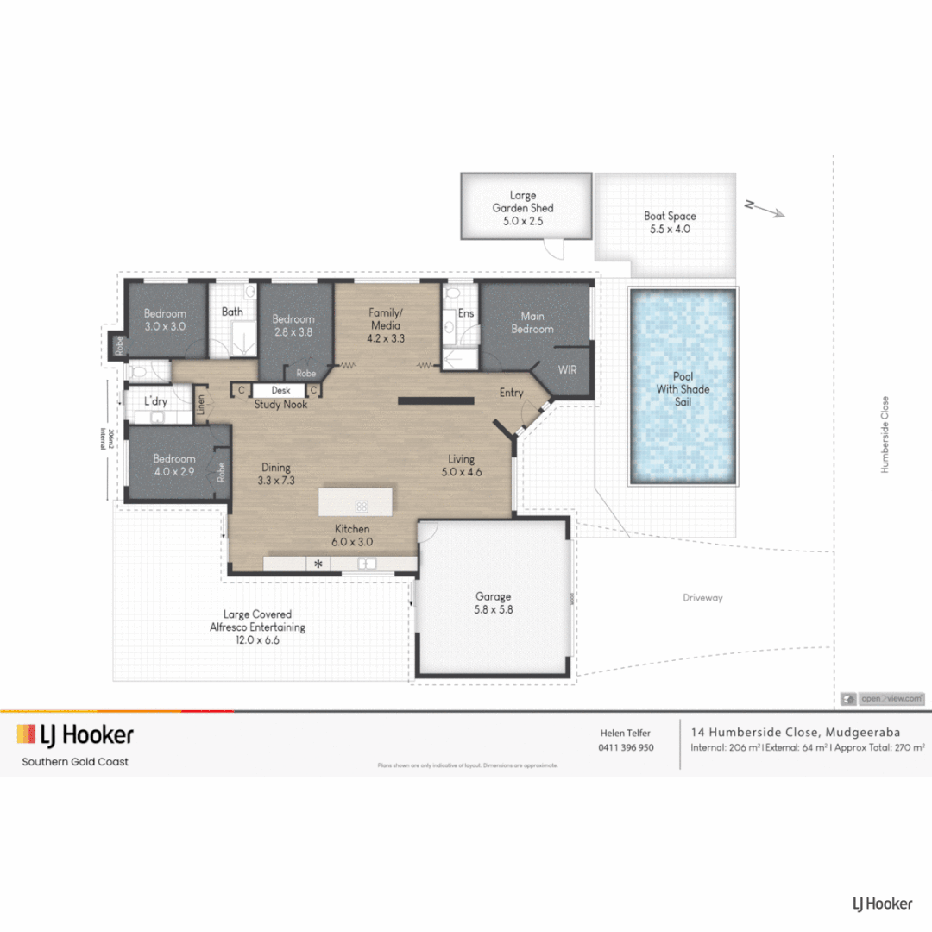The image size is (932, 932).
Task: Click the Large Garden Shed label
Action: point(523,208)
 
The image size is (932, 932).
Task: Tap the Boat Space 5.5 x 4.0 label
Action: point(670,223)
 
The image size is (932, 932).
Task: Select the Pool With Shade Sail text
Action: point(683,389)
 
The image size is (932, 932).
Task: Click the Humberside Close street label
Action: point(885,434)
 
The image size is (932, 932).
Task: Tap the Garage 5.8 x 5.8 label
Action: point(493,602)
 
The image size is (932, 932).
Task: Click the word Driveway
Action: point(702,597)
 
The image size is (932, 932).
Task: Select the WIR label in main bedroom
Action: point(567,369)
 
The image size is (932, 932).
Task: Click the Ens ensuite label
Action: point(466,312)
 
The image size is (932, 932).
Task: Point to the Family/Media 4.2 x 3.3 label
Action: point(386,325)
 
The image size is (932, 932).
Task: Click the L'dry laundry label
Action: point(155,401)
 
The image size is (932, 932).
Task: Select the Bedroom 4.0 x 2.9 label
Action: point(174,465)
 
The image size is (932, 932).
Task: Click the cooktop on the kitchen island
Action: point(362,506)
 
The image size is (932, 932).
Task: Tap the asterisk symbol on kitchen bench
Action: point(318,564)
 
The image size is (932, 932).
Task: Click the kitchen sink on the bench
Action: point(367,564)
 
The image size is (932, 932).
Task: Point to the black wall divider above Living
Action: point(436,400)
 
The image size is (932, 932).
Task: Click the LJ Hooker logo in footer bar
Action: point(75,735)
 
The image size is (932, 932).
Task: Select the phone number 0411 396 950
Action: point(626,747)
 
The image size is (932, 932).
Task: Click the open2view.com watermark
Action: point(884,698)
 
